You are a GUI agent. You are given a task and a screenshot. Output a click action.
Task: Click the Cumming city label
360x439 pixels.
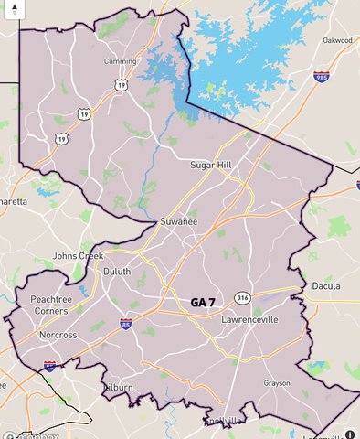[121, 61]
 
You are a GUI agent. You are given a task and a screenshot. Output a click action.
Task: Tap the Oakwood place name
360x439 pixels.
[337, 40]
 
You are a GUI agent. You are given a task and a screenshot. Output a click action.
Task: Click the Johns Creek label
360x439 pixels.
[78, 256]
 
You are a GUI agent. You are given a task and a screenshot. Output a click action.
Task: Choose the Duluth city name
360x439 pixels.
[116, 272]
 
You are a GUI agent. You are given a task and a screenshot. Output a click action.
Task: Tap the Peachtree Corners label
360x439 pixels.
[57, 305]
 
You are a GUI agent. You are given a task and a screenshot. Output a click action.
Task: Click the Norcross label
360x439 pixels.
[58, 335]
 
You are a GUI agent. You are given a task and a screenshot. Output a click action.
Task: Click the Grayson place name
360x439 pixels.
[277, 383]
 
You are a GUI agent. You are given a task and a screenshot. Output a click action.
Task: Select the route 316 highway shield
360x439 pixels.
[242, 298]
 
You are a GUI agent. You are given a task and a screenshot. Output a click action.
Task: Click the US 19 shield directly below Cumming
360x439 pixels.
[121, 84]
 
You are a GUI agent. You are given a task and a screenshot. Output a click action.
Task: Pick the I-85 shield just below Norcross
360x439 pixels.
[50, 365]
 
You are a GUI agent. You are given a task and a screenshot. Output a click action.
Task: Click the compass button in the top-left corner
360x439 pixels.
[14, 12]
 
